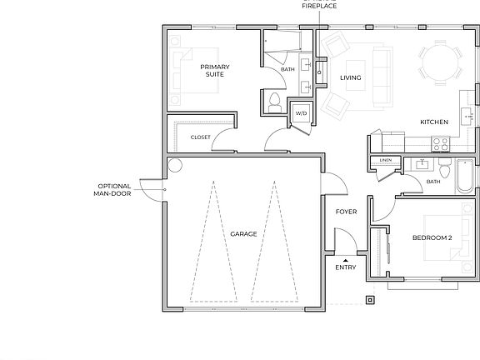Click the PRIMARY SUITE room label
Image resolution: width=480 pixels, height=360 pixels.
point(216,70)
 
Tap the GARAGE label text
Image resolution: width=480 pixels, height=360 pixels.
point(243,234)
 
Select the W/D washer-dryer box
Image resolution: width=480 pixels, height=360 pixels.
point(300,113)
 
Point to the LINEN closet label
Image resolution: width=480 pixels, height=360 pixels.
point(385,159)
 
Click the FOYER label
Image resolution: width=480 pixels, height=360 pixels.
point(346,212)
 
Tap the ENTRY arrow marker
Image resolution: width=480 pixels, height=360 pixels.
point(346,260)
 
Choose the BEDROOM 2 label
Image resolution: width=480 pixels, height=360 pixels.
point(432,237)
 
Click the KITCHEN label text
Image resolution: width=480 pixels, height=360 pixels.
point(433,122)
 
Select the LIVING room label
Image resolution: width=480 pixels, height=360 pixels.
point(351,78)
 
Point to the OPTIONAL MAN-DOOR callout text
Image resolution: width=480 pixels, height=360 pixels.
point(114,189)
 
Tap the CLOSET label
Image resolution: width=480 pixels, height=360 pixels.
point(201,137)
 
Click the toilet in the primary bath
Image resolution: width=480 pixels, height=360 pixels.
point(274,101)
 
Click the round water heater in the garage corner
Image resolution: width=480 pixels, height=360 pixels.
point(175,165)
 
